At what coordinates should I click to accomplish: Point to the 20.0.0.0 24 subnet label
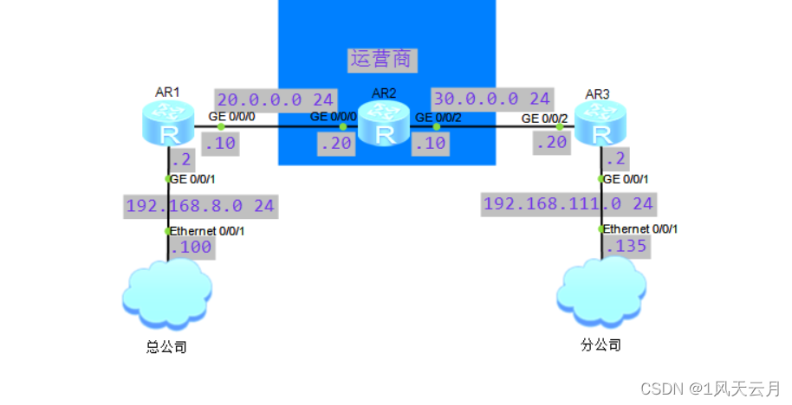point(276,99)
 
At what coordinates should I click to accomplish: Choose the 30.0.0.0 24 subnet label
point(492,99)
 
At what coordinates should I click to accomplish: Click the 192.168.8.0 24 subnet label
point(201,206)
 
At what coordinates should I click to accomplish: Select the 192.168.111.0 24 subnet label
point(568,204)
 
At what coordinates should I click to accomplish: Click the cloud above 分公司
point(601,292)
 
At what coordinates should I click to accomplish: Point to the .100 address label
point(191,247)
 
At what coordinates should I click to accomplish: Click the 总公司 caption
point(166,348)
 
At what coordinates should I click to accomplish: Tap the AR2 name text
point(385,93)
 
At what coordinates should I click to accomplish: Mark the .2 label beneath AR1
point(180,159)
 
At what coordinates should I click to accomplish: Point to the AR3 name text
point(599,93)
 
